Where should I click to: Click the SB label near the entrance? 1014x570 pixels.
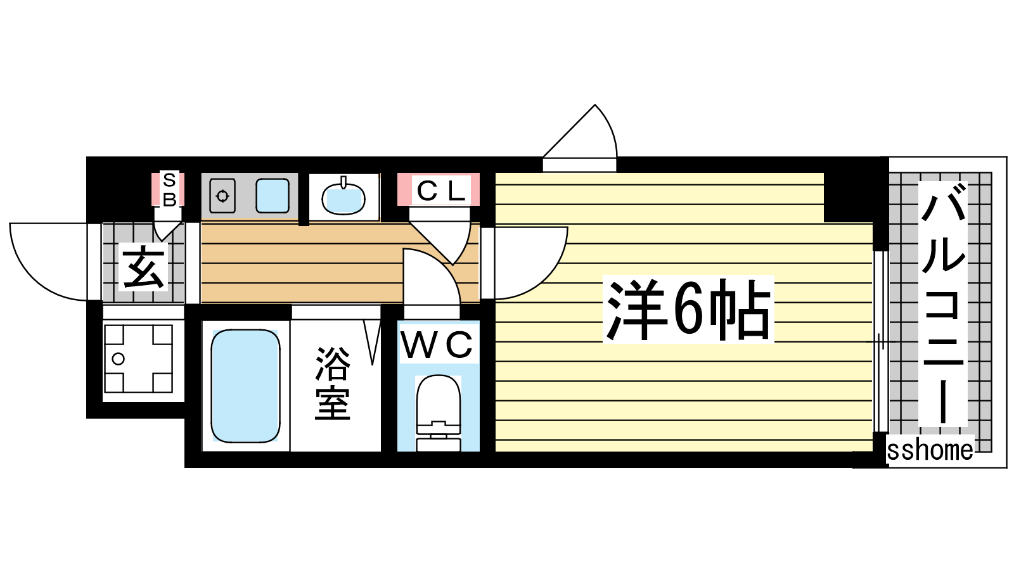pyautogui.click(x=169, y=189)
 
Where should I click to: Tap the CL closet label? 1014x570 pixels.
pyautogui.click(x=439, y=190)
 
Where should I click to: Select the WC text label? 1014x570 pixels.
pyautogui.click(x=437, y=345)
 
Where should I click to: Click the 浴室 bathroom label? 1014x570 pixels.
pyautogui.click(x=333, y=383)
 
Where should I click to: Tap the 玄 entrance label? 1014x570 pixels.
pyautogui.click(x=144, y=268)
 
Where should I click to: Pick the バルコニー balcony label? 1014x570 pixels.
pyautogui.click(x=943, y=304)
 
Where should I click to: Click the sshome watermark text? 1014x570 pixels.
pyautogui.click(x=930, y=450)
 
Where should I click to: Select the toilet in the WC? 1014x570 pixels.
pyautogui.click(x=438, y=412)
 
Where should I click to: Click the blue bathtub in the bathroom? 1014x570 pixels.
pyautogui.click(x=245, y=386)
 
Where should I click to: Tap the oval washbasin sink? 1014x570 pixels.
pyautogui.click(x=343, y=198)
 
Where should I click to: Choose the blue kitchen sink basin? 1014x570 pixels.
pyautogui.click(x=273, y=196)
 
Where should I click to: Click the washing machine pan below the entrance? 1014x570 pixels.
pyautogui.click(x=138, y=358)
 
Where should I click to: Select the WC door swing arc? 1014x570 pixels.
pyautogui.click(x=431, y=279)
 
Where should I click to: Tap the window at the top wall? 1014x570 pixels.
pyautogui.click(x=580, y=146)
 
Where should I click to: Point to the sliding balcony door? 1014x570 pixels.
pyautogui.click(x=878, y=342)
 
